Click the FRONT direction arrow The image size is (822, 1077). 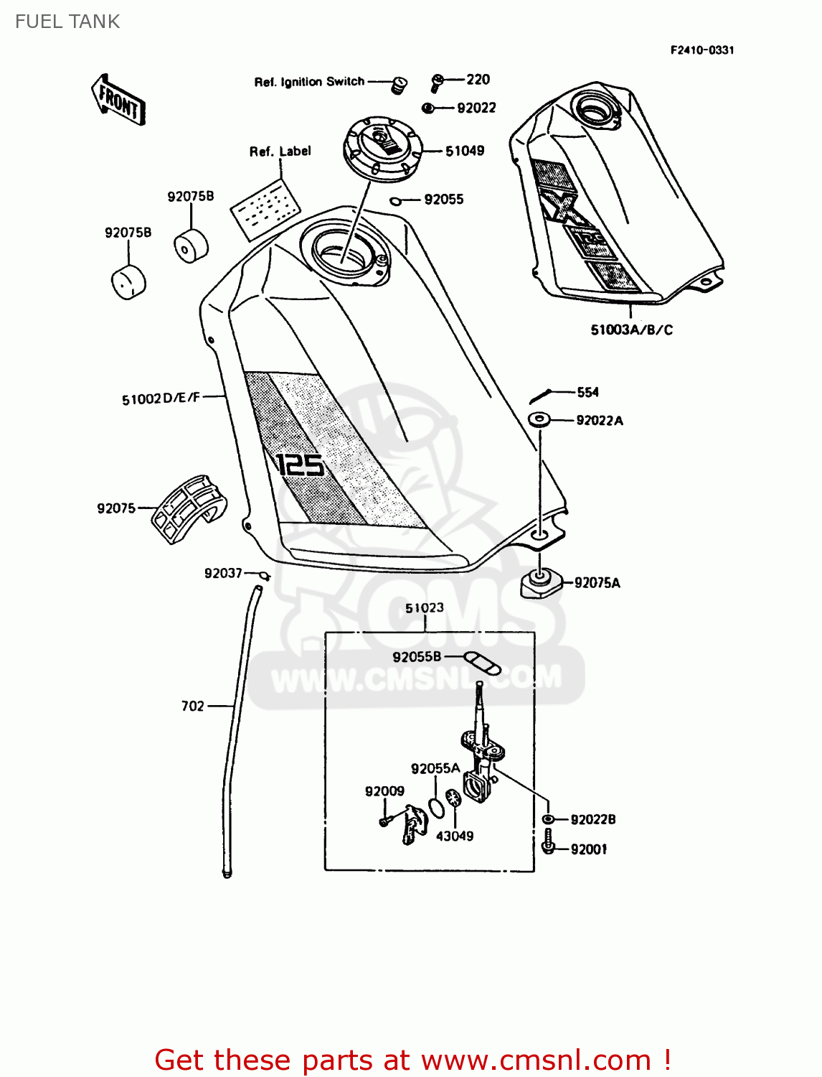point(118,101)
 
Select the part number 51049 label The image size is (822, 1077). point(465,151)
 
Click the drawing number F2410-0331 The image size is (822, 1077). point(702,50)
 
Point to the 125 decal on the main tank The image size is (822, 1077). point(300,465)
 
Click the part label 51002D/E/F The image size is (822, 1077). point(161,398)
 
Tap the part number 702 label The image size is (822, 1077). point(193,707)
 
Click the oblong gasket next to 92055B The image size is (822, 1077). point(483,663)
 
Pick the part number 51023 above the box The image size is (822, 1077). point(425,608)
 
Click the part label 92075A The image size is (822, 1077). point(597,583)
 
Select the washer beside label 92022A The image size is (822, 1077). point(539,419)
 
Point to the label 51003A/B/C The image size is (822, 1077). point(631,330)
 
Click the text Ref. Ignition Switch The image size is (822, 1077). point(309,82)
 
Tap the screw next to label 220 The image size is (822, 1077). point(437,82)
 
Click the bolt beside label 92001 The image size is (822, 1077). point(548,842)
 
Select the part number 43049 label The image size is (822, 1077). point(455,836)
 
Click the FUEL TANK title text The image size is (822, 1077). point(67,22)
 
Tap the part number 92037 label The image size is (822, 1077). point(223,573)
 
